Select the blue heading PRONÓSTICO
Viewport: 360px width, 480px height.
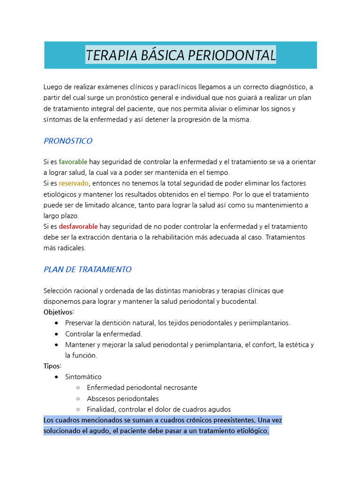pyautogui.click(x=68, y=141)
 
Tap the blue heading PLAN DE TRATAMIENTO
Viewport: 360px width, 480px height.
pyautogui.click(x=87, y=270)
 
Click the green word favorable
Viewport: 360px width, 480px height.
pyautogui.click(x=73, y=162)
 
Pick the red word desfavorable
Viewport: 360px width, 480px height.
pyautogui.click(x=78, y=226)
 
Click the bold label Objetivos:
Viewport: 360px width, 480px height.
pyautogui.click(x=59, y=312)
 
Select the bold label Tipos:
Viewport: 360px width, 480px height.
pyautogui.click(x=52, y=366)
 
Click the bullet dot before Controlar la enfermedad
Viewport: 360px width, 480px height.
pyautogui.click(x=57, y=334)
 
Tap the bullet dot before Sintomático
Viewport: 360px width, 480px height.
pyautogui.click(x=57, y=377)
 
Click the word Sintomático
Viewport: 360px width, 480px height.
pyautogui.click(x=83, y=377)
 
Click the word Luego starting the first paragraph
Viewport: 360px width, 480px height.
pyautogui.click(x=53, y=87)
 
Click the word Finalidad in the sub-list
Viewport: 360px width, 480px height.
pyautogui.click(x=102, y=409)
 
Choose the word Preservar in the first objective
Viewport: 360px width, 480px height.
pyautogui.click(x=79, y=323)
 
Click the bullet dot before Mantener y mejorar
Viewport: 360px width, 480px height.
pyautogui.click(x=57, y=345)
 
